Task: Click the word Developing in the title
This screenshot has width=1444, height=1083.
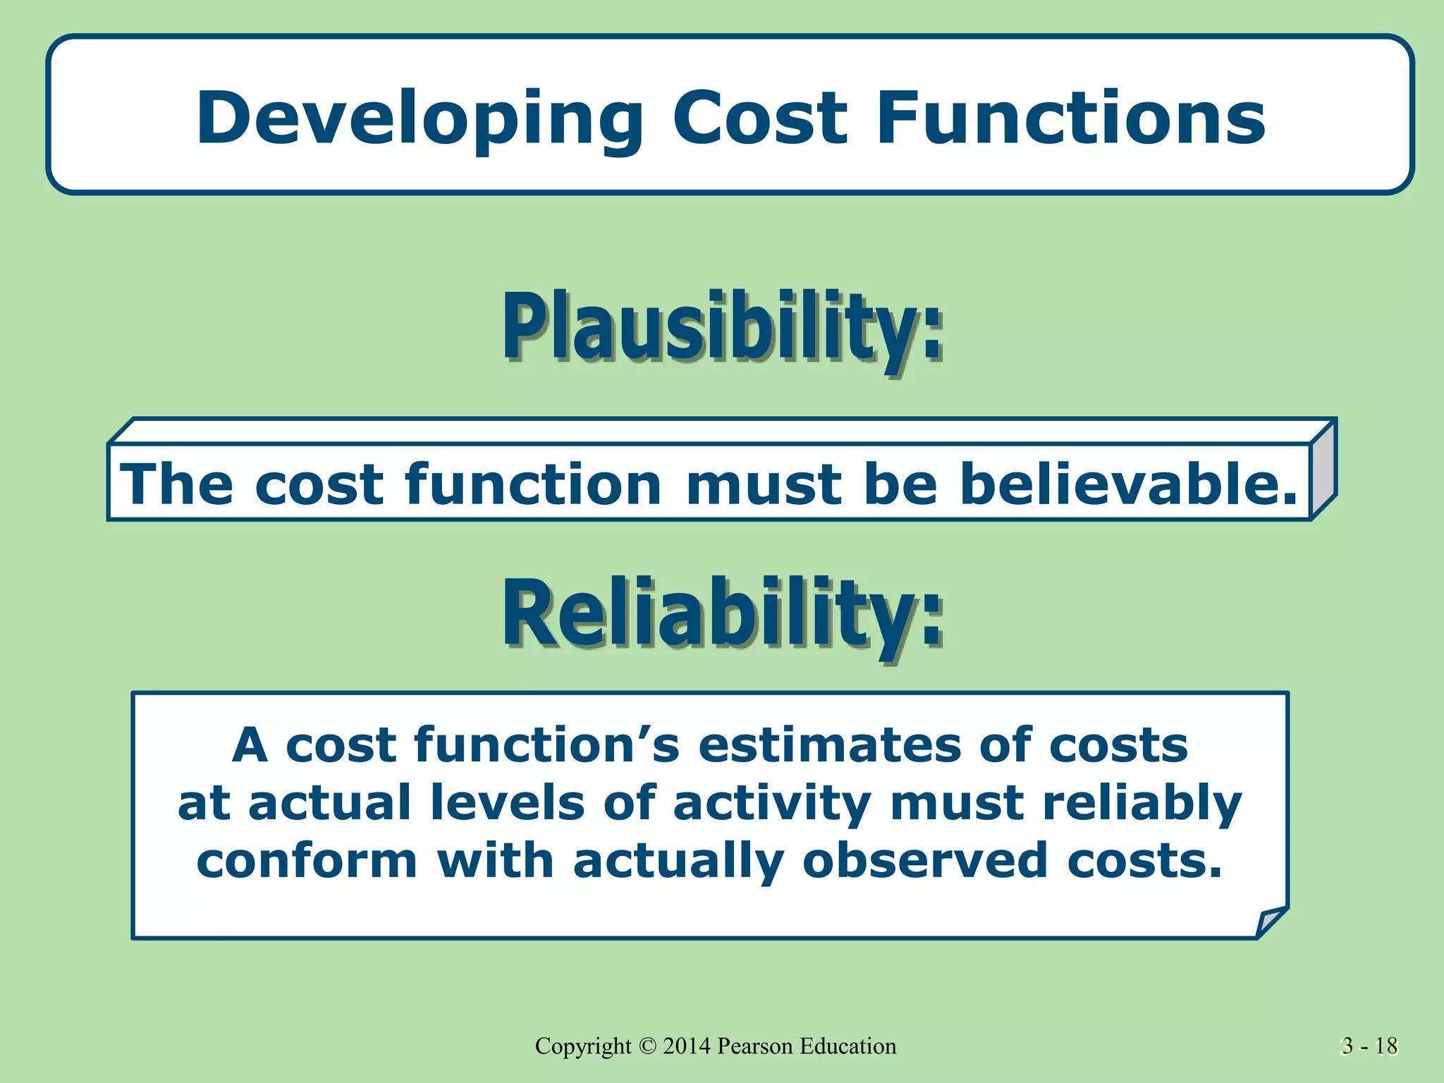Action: click(419, 120)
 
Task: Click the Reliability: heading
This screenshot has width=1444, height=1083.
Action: click(722, 614)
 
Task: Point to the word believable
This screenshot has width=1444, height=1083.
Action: click(1128, 484)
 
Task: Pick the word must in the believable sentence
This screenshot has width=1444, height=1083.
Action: click(764, 486)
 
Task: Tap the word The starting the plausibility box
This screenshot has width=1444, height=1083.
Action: click(176, 484)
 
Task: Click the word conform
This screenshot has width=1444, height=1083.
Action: click(307, 862)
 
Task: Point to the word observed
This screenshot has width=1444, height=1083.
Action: click(924, 862)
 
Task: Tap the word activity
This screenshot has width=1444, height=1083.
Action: click(771, 804)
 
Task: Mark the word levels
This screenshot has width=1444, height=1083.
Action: click(507, 803)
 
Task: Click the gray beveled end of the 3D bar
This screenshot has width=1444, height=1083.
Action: click(1323, 470)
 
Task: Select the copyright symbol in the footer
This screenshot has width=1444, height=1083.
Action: click(647, 1046)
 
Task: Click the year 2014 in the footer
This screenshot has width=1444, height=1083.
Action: click(687, 1046)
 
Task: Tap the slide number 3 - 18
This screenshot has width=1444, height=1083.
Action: click(1369, 1046)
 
